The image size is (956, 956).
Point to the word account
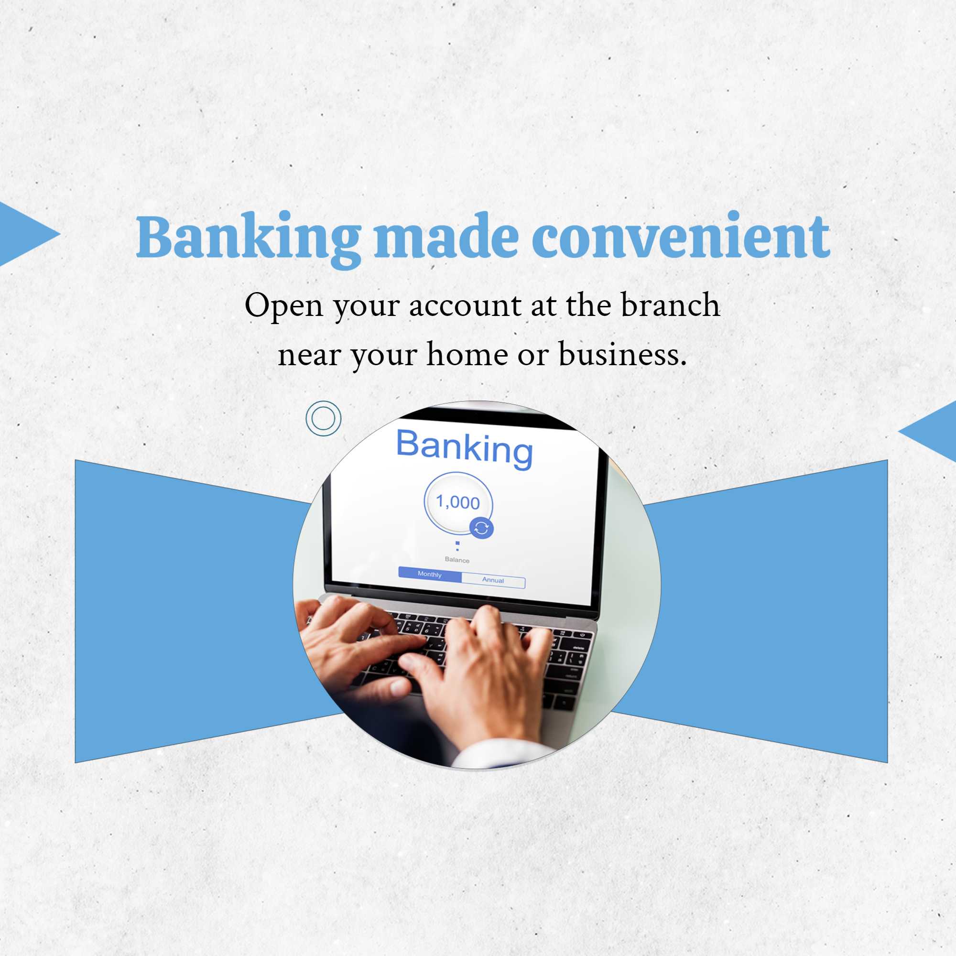[465, 306]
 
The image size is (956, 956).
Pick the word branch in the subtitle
[671, 304]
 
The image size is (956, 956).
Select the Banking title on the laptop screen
[465, 448]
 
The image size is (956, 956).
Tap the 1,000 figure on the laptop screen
[458, 502]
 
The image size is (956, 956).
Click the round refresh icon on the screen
[481, 529]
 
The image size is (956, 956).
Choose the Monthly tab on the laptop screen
[430, 574]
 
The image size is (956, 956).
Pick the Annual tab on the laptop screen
[493, 580]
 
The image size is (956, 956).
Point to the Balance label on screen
[456, 560]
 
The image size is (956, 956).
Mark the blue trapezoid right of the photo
[757, 611]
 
